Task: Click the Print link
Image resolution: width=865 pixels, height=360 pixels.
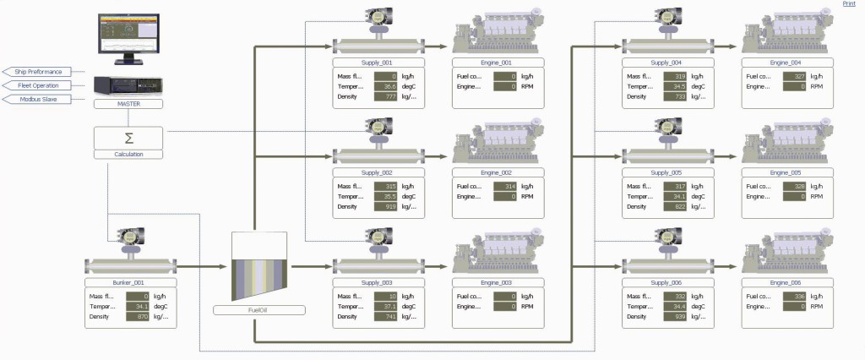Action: (x=849, y=4)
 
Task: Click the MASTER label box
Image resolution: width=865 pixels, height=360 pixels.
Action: (x=128, y=103)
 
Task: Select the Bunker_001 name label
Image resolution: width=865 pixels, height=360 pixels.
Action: (x=131, y=283)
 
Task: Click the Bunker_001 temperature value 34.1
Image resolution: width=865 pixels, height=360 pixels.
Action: (x=137, y=306)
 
